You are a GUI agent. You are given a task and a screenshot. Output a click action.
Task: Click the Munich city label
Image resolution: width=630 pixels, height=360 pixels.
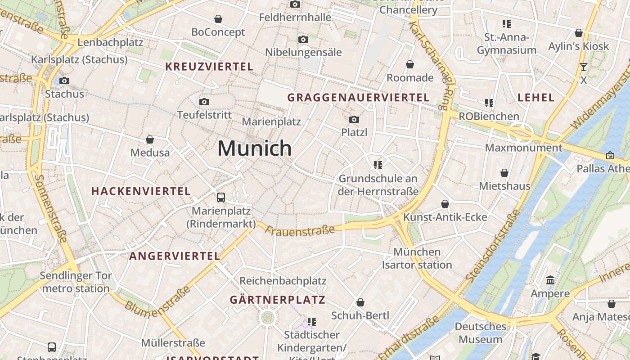click(255, 148)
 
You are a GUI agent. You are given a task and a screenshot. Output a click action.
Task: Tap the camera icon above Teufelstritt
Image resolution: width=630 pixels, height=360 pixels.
click(204, 102)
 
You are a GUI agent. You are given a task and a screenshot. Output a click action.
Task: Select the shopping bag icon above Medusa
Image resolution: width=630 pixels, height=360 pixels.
click(150, 140)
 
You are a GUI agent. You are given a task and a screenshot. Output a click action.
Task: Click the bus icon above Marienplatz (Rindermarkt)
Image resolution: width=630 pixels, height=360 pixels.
click(221, 197)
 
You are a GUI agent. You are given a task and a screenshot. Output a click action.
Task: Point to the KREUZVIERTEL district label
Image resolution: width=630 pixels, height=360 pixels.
click(209, 67)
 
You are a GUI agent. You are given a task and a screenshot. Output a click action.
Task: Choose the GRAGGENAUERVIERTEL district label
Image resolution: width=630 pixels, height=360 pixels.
click(358, 97)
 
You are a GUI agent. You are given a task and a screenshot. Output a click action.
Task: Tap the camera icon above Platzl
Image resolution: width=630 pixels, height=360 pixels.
click(354, 119)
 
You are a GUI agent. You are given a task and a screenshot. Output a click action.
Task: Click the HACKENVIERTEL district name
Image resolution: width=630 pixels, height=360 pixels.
click(141, 191)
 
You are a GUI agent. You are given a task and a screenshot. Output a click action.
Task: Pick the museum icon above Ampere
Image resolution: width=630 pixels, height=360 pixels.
click(550, 281)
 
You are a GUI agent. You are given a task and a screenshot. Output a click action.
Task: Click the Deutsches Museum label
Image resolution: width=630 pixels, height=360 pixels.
click(480, 333)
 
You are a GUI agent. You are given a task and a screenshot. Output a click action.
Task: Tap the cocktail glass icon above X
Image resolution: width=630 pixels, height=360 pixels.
click(584, 67)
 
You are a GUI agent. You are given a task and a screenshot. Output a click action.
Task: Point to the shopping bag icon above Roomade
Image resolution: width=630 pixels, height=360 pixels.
click(410, 65)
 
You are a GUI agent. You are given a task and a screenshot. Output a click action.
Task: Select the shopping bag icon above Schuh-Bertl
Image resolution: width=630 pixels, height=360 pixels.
click(360, 302)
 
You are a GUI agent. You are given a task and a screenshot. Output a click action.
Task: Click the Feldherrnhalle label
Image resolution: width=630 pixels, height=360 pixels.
click(295, 18)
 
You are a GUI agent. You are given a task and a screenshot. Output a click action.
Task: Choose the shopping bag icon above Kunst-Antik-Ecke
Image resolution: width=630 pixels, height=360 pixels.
click(445, 204)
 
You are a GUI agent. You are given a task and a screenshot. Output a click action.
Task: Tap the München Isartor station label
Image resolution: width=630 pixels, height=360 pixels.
click(417, 258)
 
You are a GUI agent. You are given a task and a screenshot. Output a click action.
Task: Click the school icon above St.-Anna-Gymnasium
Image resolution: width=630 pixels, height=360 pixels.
click(507, 23)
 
